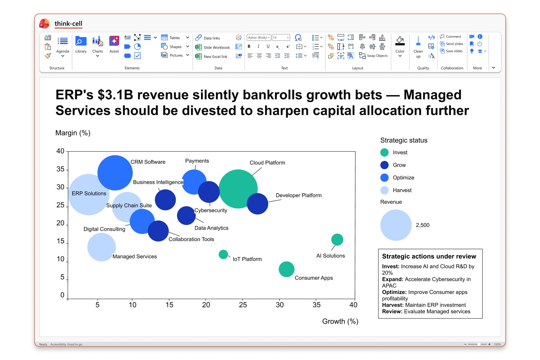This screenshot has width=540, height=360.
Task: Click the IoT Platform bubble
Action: tap(223, 254)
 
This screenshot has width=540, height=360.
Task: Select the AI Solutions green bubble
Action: tap(337, 240)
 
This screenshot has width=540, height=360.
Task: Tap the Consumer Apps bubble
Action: tap(286, 269)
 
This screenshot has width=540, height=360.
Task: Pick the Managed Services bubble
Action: tap(102, 247)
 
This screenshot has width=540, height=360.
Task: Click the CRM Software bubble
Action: tap(115, 173)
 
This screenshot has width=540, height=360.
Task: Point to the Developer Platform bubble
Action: tap(257, 204)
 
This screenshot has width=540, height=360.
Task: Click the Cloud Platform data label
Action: tap(267, 163)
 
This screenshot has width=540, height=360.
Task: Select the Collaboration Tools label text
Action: tap(191, 239)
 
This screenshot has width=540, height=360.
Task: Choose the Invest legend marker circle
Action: tap(384, 152)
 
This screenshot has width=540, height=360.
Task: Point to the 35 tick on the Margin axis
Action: tap(60, 169)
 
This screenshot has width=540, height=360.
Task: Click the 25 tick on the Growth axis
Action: tap(243, 305)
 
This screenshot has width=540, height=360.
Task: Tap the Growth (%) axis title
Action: tap(340, 321)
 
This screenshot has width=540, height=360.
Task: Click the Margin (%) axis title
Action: tap(73, 133)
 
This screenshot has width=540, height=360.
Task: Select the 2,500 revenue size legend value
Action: tap(422, 225)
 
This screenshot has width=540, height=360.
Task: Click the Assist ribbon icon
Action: tap(114, 45)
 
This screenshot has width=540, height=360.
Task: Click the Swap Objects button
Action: tap(373, 56)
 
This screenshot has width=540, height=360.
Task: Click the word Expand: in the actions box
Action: tap(392, 279)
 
